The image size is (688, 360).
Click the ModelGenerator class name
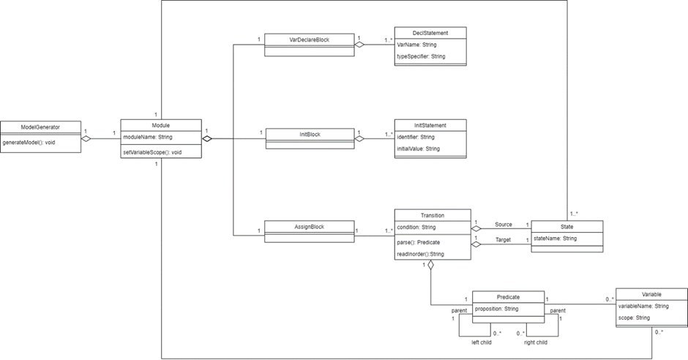(40, 127)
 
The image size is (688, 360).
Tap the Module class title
(160, 125)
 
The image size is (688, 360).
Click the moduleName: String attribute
(148, 137)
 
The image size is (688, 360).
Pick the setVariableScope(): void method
(152, 152)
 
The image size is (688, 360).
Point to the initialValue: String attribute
(418, 149)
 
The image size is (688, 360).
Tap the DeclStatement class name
(430, 33)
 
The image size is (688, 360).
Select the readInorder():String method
(420, 254)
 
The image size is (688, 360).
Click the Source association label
(503, 224)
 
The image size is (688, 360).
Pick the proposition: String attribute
(496, 309)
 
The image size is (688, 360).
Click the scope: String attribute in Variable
(634, 318)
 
